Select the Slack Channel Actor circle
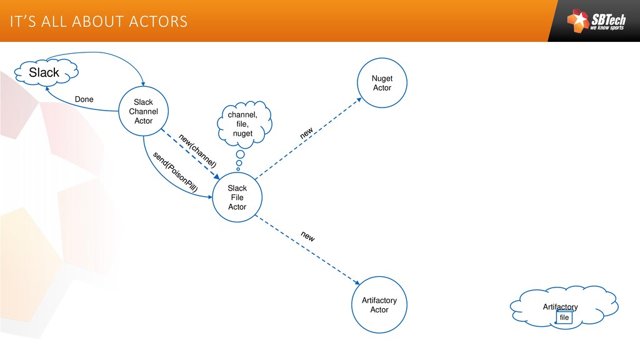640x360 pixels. point(144,111)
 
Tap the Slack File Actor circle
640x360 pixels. point(237,197)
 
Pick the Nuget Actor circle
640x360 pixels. point(382,83)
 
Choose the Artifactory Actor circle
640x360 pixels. point(379,305)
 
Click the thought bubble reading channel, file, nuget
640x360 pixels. point(242,124)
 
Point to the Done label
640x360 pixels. point(84,99)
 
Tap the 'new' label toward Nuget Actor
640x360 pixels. point(307,133)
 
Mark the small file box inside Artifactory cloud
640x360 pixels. point(564,317)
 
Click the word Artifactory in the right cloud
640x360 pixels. point(560,307)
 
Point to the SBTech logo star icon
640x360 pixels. point(578,21)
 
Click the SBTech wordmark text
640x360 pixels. point(607,19)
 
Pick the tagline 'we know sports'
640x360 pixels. point(607,29)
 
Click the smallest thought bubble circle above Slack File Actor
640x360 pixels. point(238,169)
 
